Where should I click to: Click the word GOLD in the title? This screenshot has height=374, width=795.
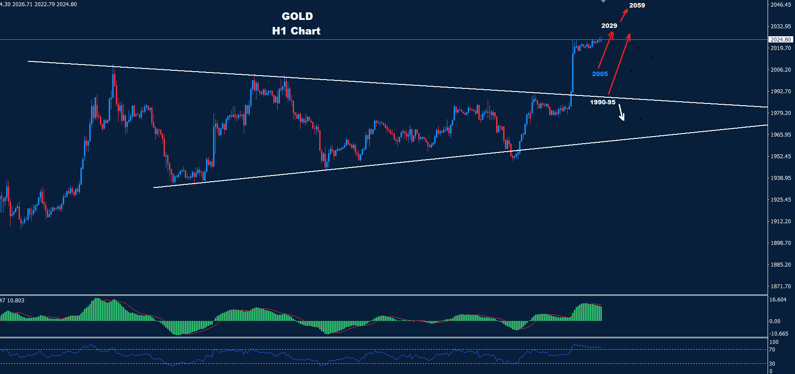pos(297,16)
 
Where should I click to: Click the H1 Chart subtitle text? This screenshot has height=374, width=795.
pos(296,31)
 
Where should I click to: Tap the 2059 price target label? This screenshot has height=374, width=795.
pos(637,5)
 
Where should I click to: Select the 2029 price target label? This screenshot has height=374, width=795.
pos(609,26)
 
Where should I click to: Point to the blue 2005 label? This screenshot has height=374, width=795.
pos(600,74)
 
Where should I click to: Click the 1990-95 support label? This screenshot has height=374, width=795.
pos(602,102)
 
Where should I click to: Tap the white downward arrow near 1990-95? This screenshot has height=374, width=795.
pos(621,112)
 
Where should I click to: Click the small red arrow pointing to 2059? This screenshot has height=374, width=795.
pos(624,15)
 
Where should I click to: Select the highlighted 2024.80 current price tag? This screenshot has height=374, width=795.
pos(780,40)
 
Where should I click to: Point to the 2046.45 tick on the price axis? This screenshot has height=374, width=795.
pos(780,5)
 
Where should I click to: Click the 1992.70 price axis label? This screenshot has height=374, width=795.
pos(780,92)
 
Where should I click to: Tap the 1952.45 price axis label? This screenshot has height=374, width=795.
pos(780,156)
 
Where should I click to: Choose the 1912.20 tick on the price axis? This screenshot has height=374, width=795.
pos(780,221)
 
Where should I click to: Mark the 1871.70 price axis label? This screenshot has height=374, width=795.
pos(780,286)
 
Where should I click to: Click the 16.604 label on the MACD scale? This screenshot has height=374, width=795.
pos(778,300)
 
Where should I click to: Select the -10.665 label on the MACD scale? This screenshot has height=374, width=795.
pos(779,334)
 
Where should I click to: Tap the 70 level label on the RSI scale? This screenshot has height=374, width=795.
pos(772,350)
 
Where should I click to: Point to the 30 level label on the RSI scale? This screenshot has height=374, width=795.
pos(772,364)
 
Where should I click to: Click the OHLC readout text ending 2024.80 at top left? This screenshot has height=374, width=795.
pos(39,4)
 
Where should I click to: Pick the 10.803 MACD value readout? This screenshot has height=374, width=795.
pos(15,301)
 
